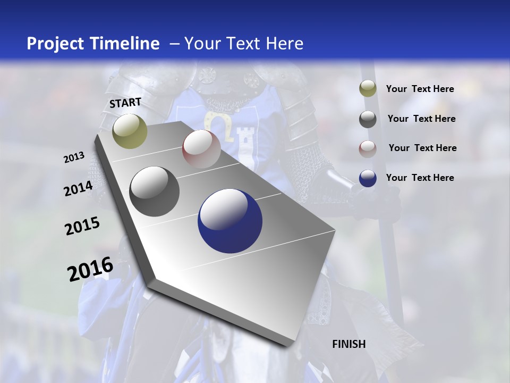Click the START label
(125, 103)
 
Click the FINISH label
(348, 344)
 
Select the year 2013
(74, 157)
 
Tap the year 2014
(78, 189)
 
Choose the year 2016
(90, 269)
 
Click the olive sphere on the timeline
(130, 131)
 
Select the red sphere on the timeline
(201, 149)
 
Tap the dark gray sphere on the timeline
(154, 191)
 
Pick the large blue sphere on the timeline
(230, 221)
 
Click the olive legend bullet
(368, 89)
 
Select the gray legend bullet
(368, 119)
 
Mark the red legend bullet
(368, 148)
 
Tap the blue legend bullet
(368, 178)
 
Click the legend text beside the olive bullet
(420, 89)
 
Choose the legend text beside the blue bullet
(420, 178)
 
